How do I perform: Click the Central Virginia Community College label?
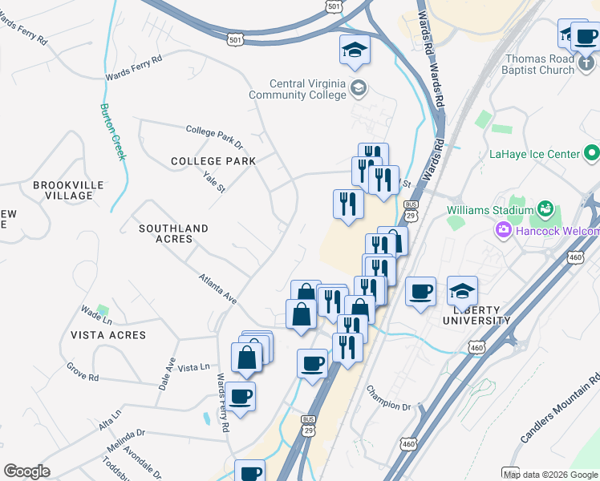[309, 89]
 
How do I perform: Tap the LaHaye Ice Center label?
[534, 153]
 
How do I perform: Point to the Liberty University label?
[477, 315]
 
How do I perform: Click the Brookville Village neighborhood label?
[68, 190]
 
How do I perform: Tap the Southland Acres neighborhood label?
[173, 233]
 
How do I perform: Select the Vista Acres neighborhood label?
[107, 335]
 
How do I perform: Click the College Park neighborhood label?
[213, 161]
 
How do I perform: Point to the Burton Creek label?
[112, 131]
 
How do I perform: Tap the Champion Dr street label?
[388, 398]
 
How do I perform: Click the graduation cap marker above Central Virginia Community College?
[355, 52]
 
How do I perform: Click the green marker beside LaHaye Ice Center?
[592, 152]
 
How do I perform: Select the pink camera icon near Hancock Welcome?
[504, 232]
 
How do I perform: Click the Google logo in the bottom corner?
[26, 471]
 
